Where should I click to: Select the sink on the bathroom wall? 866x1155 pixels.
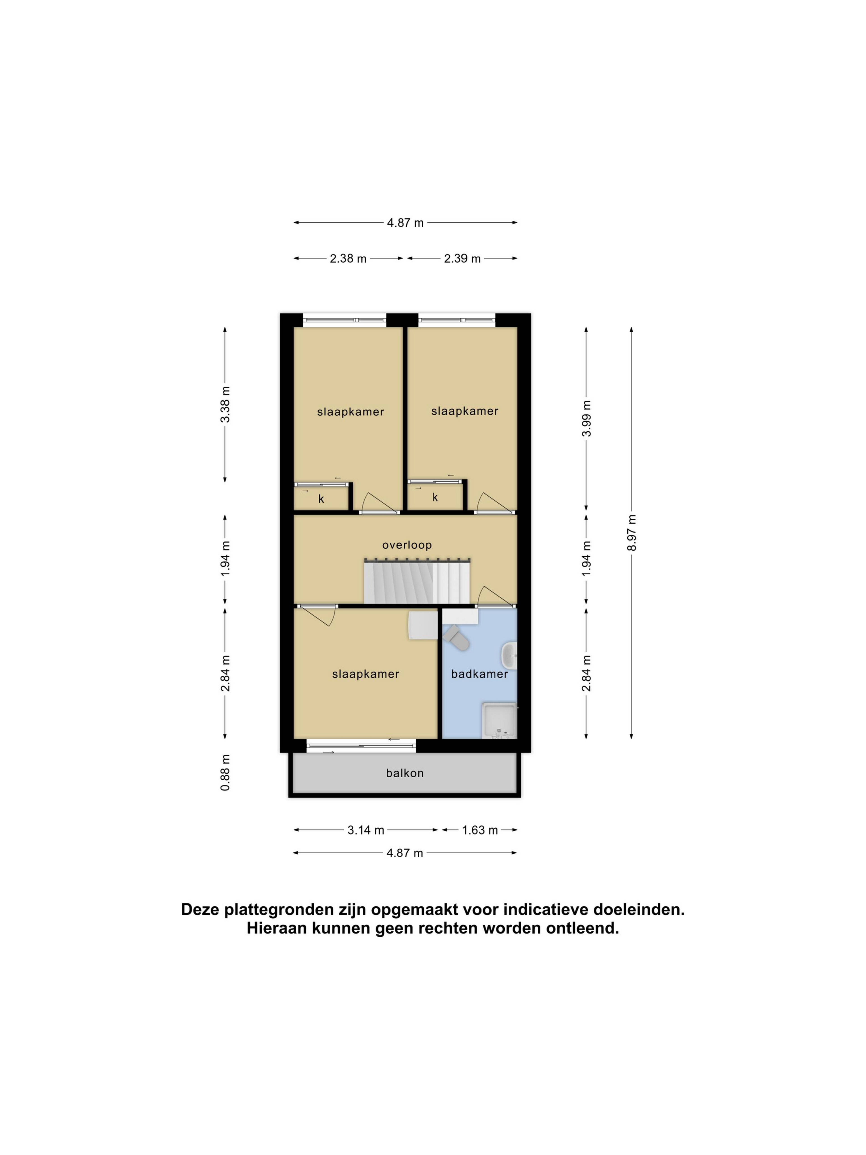pyautogui.click(x=509, y=656)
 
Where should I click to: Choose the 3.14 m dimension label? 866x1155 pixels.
pyautogui.click(x=366, y=830)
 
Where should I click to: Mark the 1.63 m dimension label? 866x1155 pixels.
pyautogui.click(x=480, y=830)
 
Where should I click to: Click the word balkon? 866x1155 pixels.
pyautogui.click(x=405, y=773)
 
